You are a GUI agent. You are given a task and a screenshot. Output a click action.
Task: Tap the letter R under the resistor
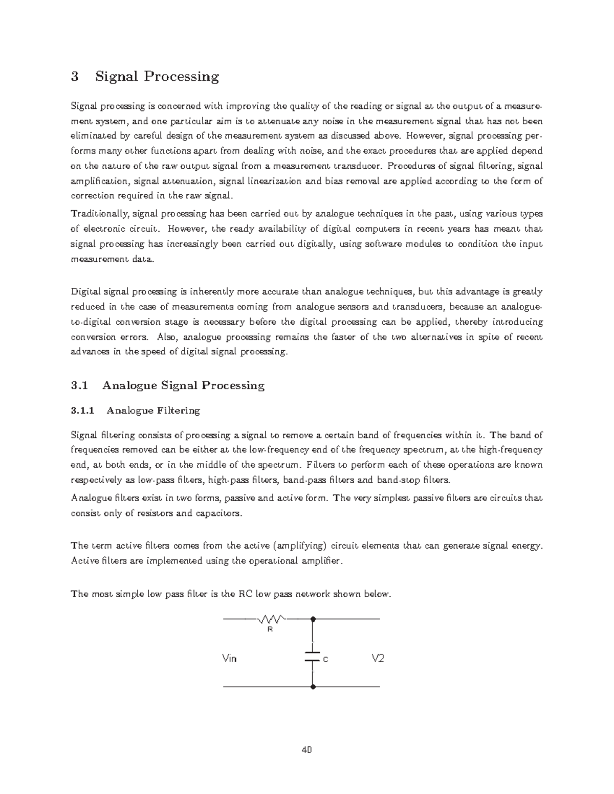pyautogui.click(x=270, y=630)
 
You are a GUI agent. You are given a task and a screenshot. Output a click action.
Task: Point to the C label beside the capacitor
pyautogui.click(x=325, y=660)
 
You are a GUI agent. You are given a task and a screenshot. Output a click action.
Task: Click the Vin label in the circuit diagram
pyautogui.click(x=230, y=659)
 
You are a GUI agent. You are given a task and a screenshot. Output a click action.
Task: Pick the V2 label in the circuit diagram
pyautogui.click(x=378, y=658)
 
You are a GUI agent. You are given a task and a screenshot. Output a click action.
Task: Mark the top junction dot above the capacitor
pyautogui.click(x=313, y=619)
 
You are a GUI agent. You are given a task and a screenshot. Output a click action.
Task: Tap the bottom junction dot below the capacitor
pyautogui.click(x=313, y=687)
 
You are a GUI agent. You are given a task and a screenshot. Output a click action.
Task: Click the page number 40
pyautogui.click(x=307, y=750)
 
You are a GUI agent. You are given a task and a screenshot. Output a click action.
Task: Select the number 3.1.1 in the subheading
pyautogui.click(x=82, y=410)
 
